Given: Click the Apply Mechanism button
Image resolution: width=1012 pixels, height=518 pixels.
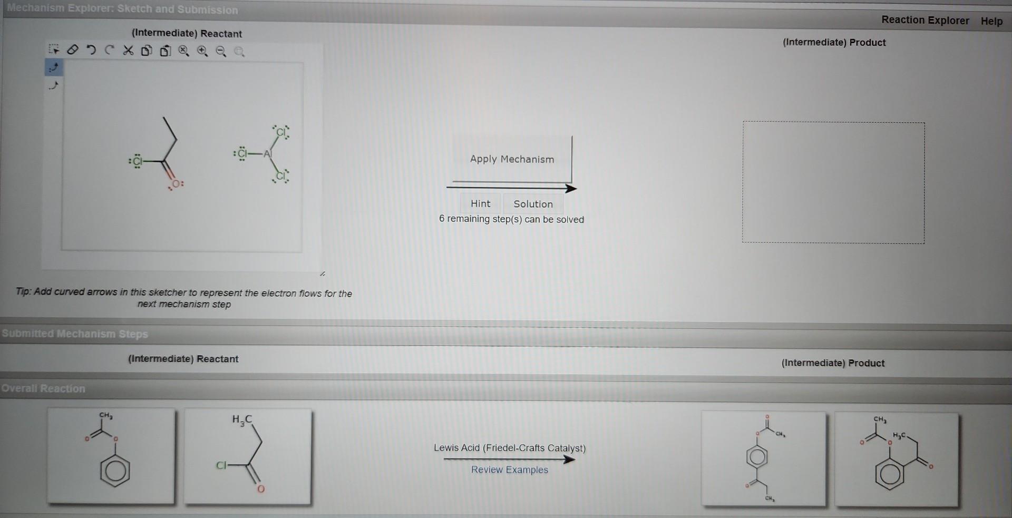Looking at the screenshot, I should [x=512, y=159].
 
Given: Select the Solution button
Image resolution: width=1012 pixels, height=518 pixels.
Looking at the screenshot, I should [x=533, y=204].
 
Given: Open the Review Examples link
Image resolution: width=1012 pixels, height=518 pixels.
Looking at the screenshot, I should [x=509, y=470].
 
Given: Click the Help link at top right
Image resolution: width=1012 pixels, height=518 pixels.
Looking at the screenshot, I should [x=991, y=21].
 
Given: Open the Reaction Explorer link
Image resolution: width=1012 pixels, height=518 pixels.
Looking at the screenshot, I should [x=925, y=20].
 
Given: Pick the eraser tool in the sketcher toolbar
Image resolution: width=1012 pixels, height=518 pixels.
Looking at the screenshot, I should [x=73, y=50].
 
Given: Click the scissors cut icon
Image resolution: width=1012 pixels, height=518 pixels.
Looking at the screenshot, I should [x=128, y=51].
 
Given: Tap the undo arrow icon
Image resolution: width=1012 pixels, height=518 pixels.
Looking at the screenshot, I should [x=91, y=51].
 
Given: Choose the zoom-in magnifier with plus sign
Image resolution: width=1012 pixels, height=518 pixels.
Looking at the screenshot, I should [x=202, y=51].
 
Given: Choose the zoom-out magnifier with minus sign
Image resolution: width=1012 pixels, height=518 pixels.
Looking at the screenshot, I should [x=221, y=51].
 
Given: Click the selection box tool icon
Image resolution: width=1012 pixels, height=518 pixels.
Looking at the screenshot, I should [x=54, y=50].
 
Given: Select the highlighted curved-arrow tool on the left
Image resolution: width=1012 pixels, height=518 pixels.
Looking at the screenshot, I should [x=54, y=67].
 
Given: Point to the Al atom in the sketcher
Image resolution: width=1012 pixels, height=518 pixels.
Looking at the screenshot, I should [x=268, y=154].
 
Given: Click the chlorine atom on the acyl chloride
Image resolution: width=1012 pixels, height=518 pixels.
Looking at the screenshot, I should [x=137, y=161].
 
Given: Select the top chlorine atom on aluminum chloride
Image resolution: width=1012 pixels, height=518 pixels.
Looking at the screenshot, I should [x=281, y=132].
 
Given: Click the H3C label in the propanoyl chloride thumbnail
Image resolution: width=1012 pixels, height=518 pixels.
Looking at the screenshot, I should [x=242, y=420].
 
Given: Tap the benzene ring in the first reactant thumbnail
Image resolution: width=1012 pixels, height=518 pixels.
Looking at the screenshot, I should [x=115, y=471].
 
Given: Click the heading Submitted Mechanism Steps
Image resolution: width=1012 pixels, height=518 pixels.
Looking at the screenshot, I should [x=75, y=334].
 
